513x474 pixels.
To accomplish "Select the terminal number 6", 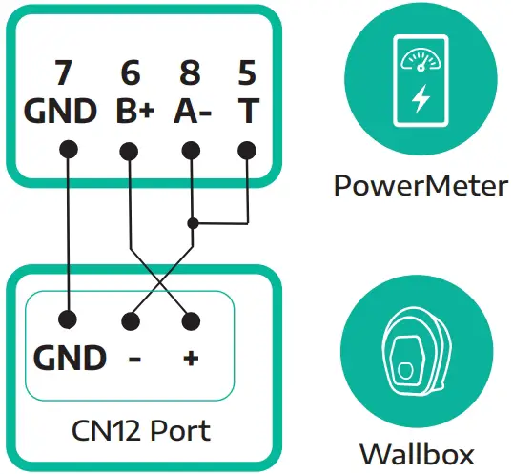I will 131,74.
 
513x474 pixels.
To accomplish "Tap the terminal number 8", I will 192,74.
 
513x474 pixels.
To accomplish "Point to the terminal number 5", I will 247,74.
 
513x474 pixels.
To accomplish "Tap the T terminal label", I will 247,112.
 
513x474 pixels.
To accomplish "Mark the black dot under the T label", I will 247,150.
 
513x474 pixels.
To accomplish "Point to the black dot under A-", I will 192,150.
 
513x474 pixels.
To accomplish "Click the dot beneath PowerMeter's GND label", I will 68,150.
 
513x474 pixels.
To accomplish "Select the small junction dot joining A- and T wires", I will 193,223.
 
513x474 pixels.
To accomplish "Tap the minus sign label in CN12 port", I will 134,360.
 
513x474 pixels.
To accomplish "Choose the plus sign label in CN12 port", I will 192,360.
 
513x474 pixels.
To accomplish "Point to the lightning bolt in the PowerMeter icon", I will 420,99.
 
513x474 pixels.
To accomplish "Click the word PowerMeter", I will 421,185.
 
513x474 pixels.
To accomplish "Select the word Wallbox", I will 417,452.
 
